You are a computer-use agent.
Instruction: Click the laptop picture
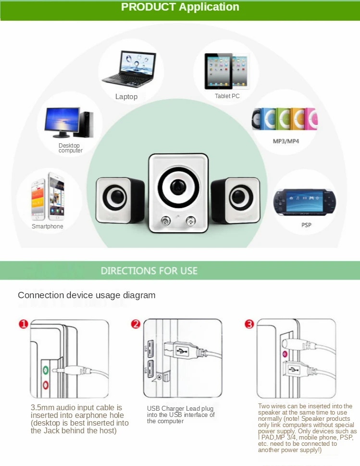(x=129, y=69)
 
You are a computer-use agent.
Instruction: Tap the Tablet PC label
(x=227, y=96)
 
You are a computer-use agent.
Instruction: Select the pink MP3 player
(x=311, y=119)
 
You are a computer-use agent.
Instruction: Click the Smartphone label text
(x=48, y=226)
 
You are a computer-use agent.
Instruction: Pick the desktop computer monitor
(x=62, y=123)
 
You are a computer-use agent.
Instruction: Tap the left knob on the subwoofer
(x=165, y=221)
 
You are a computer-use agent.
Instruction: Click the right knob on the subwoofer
(x=190, y=221)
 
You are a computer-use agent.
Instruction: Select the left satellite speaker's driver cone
(x=115, y=197)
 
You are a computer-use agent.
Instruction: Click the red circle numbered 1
(x=24, y=324)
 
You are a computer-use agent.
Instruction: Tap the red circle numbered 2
(x=136, y=324)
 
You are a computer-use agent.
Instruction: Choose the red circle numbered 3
(x=249, y=324)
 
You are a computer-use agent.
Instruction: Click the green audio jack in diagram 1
(x=46, y=370)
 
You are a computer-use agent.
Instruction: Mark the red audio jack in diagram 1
(x=46, y=385)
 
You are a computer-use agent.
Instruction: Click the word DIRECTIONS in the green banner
(x=128, y=271)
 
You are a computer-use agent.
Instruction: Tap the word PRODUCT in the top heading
(x=148, y=7)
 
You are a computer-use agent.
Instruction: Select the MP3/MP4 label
(x=286, y=141)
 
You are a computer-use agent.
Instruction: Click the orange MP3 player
(x=298, y=119)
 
